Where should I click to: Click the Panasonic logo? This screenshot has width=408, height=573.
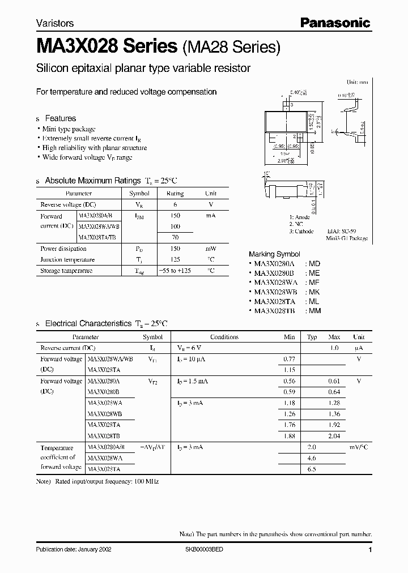(335, 23)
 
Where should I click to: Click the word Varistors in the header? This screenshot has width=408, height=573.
(54, 24)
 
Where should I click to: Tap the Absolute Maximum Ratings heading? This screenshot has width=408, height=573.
(92, 181)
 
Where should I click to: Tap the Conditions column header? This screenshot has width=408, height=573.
(224, 337)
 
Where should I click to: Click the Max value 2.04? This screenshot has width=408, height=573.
(334, 436)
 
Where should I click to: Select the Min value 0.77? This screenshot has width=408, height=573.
(288, 359)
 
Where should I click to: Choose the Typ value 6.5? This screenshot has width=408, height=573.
(311, 469)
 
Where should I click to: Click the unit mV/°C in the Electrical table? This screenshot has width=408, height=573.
(358, 447)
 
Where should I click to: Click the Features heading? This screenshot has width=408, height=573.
(60, 118)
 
